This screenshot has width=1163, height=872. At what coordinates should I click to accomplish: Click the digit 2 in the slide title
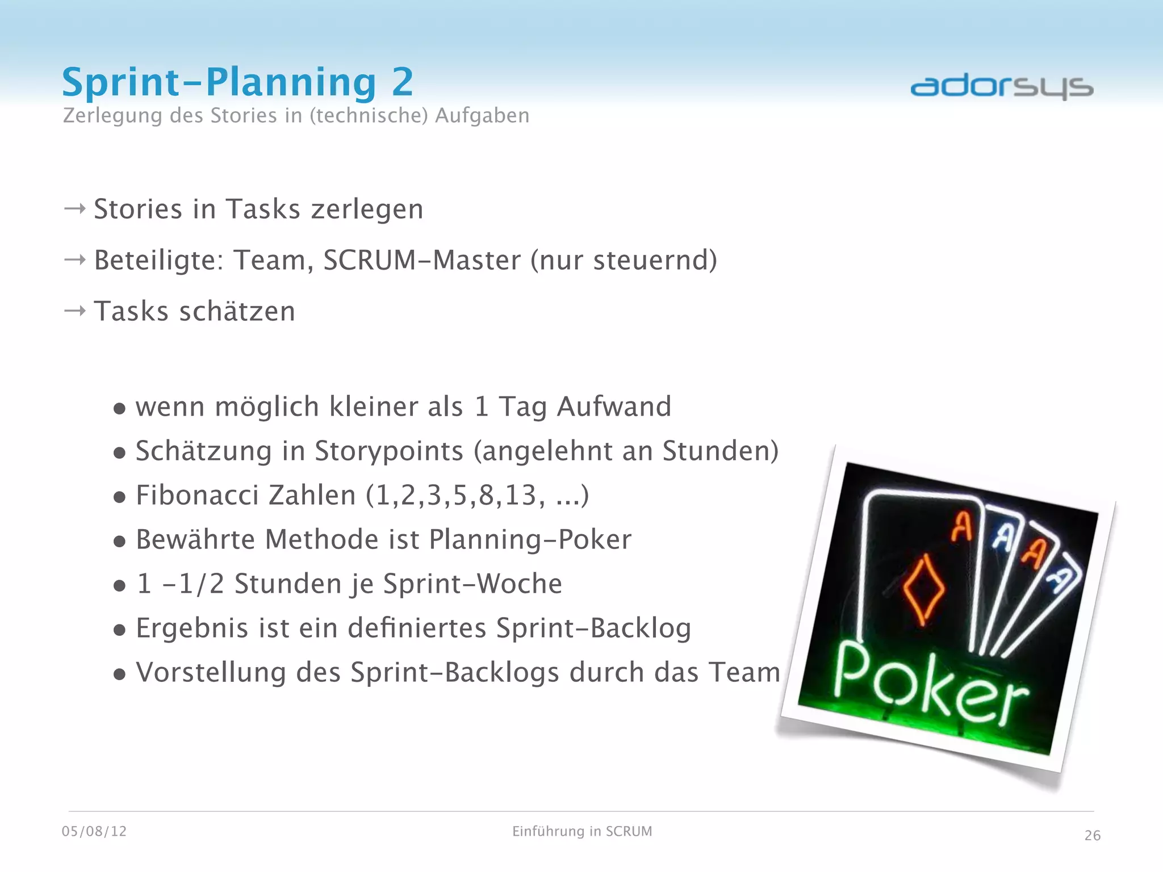click(402, 82)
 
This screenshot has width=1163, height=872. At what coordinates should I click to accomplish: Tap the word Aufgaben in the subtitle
click(482, 115)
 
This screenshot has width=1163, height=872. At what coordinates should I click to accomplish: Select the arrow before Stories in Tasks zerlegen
click(75, 209)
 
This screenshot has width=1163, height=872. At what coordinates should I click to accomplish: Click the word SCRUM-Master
click(421, 260)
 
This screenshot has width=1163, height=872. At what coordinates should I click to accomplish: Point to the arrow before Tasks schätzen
click(75, 311)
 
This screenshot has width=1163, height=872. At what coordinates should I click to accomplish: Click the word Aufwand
click(614, 406)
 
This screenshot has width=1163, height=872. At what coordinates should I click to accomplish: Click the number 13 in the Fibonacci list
click(521, 495)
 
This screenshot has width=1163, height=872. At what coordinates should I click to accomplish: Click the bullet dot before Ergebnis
click(119, 630)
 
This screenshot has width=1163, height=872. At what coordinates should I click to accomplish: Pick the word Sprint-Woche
click(472, 584)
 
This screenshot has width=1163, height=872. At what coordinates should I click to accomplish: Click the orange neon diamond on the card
click(923, 590)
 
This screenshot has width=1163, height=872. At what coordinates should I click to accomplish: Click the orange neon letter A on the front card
click(962, 527)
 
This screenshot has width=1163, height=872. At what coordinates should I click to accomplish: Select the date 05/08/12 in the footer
click(94, 831)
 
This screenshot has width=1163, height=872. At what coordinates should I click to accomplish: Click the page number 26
click(1092, 835)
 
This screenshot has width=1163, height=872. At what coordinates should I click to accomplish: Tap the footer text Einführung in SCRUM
click(582, 831)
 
